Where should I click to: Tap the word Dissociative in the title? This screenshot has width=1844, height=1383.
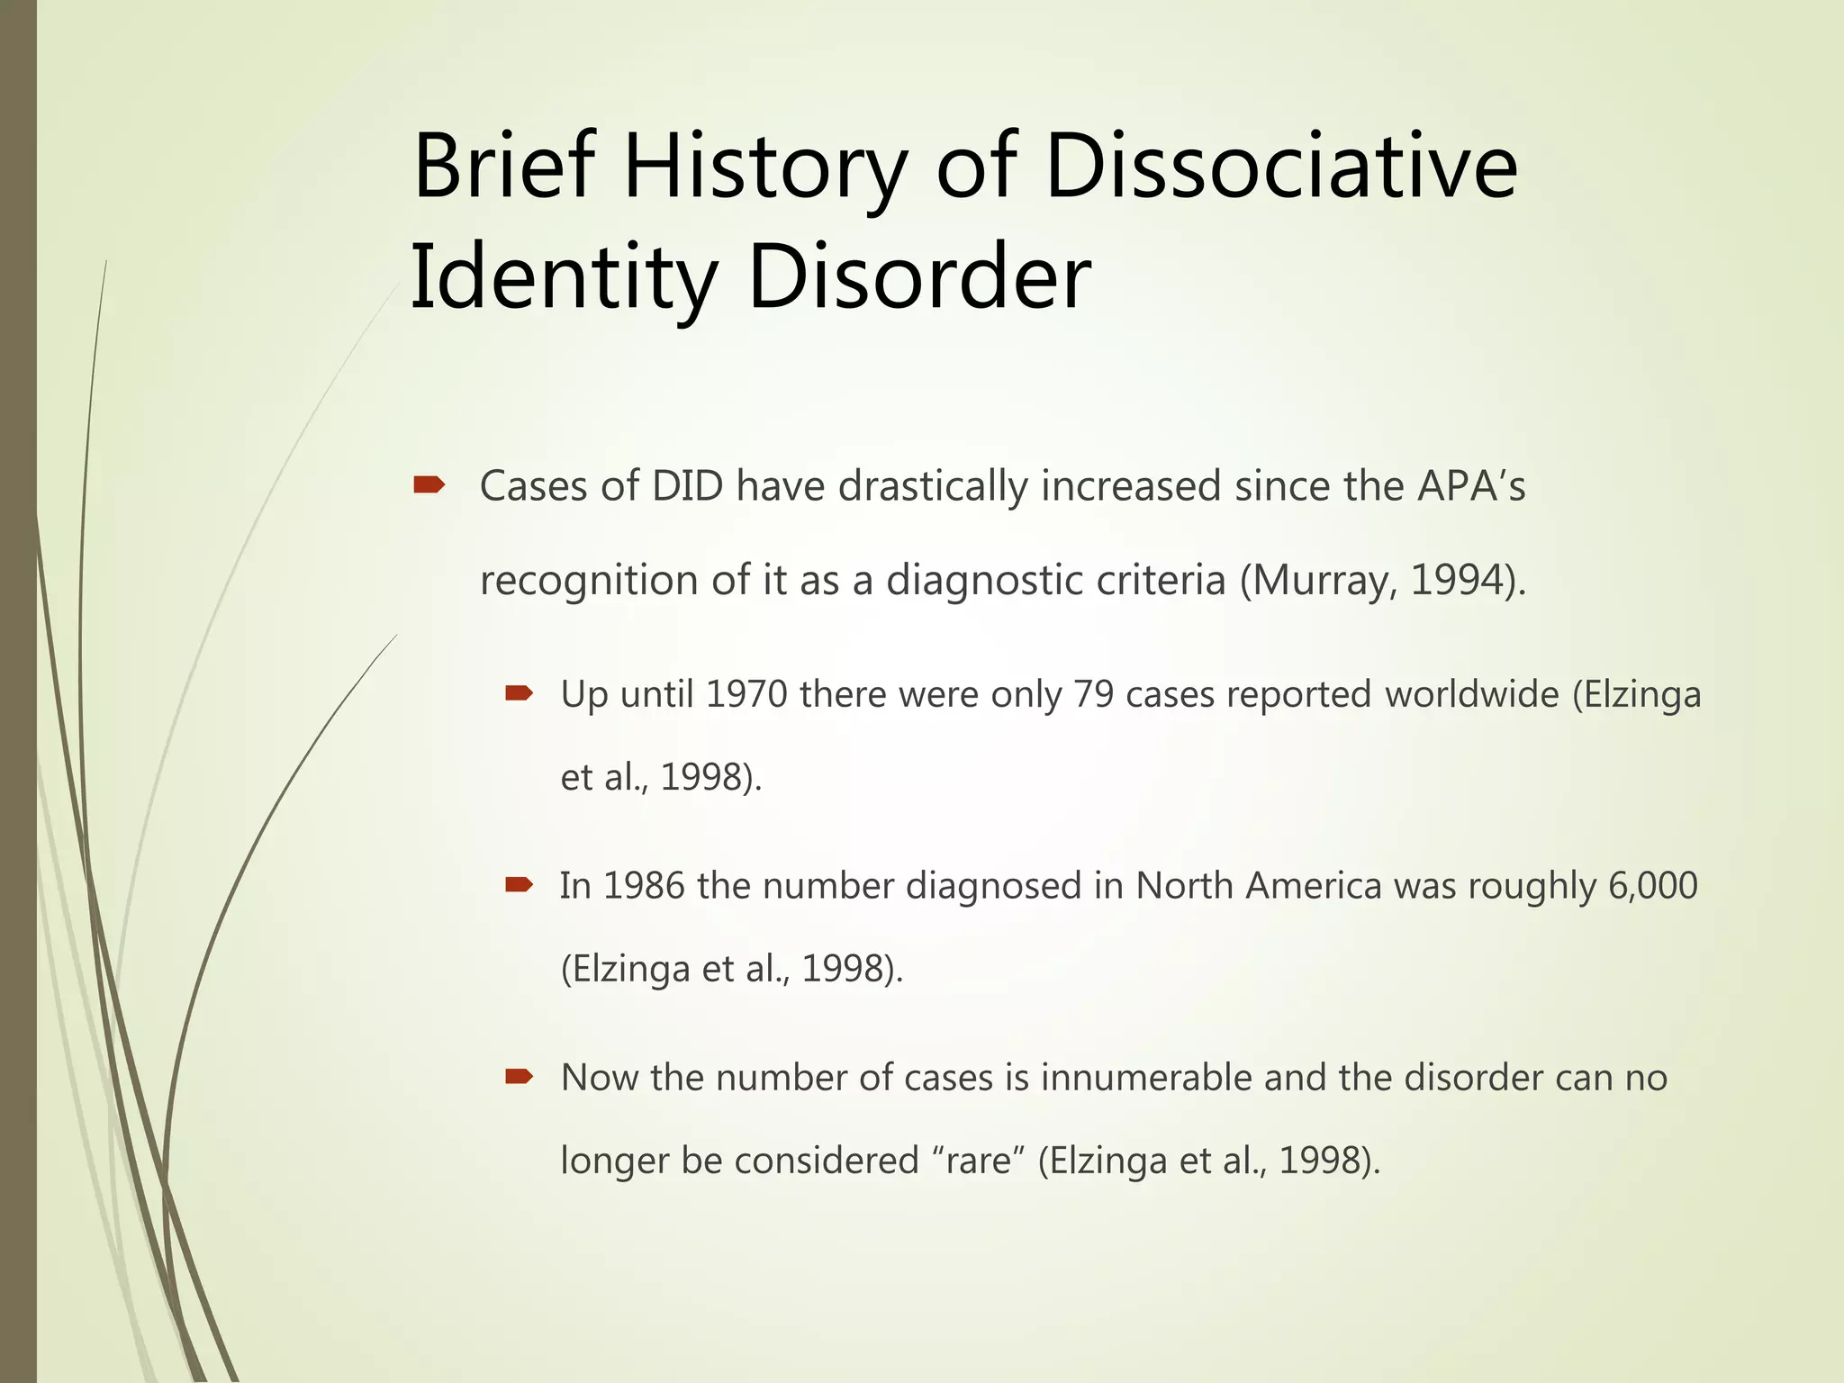(1281, 167)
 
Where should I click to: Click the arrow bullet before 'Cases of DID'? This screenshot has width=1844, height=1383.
(429, 486)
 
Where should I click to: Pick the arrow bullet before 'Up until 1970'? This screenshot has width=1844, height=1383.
(520, 693)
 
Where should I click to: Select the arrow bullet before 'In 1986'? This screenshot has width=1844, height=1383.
(520, 885)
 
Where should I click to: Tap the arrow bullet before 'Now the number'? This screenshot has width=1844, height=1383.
(520, 1077)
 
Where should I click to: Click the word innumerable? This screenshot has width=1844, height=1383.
(1146, 1078)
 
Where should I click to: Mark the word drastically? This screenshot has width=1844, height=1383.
(933, 487)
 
